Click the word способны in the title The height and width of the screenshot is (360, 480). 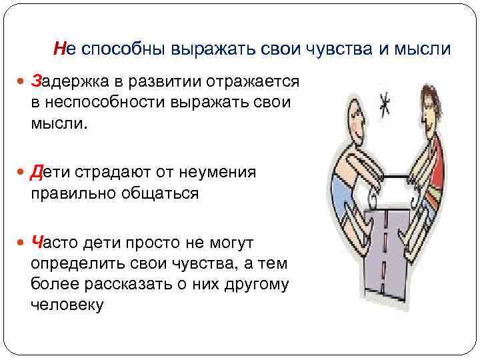(x=118, y=49)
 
